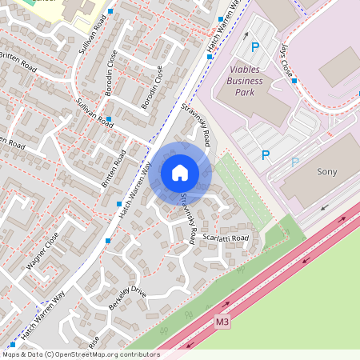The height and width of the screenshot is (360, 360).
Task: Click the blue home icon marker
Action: point(180,172)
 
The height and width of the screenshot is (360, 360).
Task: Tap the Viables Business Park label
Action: point(250,81)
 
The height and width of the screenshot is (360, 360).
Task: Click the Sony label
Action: point(327,172)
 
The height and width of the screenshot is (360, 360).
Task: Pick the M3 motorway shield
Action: point(223,322)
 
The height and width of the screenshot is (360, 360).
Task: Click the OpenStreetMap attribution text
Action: point(81,354)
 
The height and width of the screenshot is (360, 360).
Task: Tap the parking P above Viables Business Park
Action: point(255,47)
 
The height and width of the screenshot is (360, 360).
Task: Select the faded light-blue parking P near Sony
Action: point(294,162)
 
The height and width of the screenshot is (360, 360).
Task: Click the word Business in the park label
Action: point(245,81)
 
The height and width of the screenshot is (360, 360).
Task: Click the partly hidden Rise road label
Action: point(94,341)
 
